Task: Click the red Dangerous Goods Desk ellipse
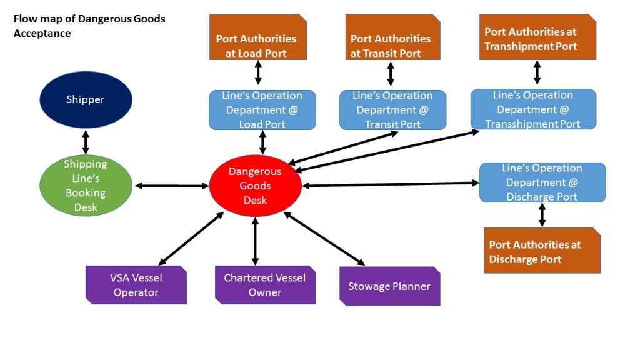pos(255,186)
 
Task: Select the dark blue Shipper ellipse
pos(86,100)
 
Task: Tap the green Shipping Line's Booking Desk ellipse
pos(86,186)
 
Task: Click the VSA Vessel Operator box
pos(136,285)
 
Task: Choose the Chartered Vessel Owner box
pos(265,285)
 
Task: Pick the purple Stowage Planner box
pos(389,286)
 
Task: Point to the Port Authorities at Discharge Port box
pos(542,251)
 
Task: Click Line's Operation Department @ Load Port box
pos(262,110)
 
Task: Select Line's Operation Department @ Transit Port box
pos(392,110)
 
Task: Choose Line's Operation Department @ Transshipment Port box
pos(533,109)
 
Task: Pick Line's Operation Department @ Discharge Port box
pos(542,182)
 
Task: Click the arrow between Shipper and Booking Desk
pos(86,141)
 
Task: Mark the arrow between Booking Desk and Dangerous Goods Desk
pos(171,186)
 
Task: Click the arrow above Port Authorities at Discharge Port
pos(542,214)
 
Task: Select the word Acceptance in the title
pos(42,33)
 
